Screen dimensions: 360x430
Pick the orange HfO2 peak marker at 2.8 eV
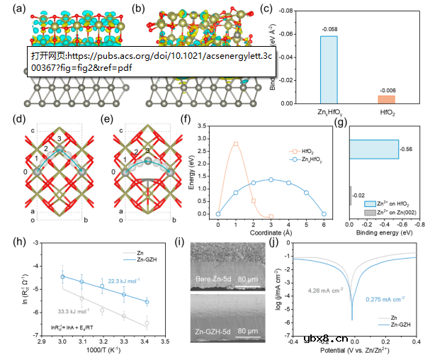click(x=235, y=144)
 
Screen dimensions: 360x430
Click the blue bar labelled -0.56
click(x=373, y=149)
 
